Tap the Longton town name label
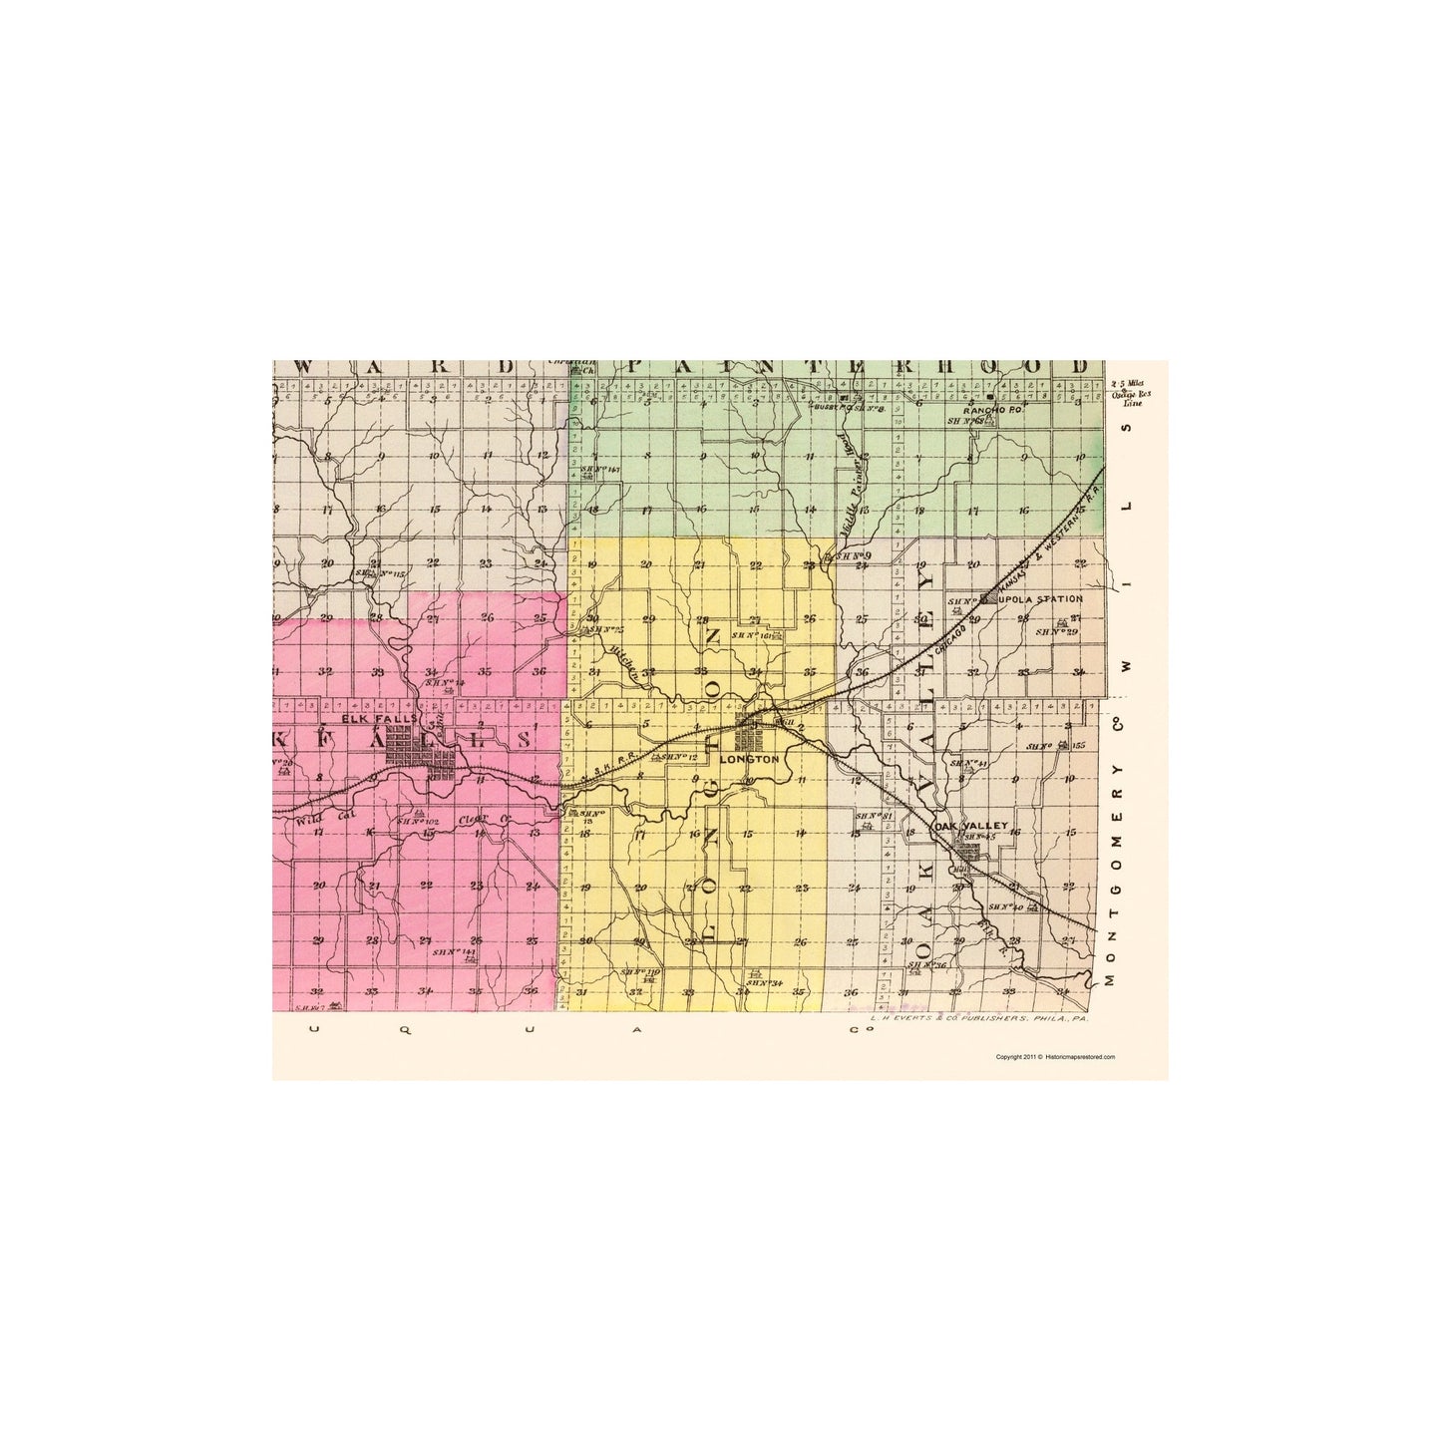click(747, 759)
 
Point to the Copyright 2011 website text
click(1055, 1056)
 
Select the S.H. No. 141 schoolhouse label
click(454, 952)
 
